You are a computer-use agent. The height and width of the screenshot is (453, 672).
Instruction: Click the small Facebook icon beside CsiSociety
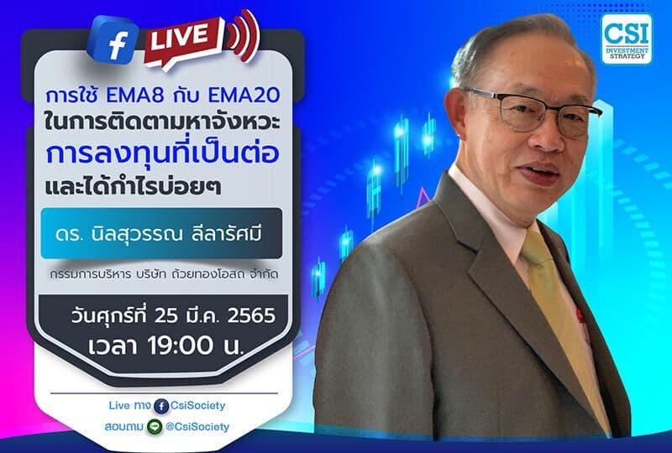pyautogui.click(x=160, y=406)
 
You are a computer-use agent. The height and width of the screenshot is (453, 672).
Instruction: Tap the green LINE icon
pyautogui.click(x=154, y=427)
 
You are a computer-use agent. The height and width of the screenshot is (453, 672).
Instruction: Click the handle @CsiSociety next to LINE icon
pyautogui.click(x=197, y=427)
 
